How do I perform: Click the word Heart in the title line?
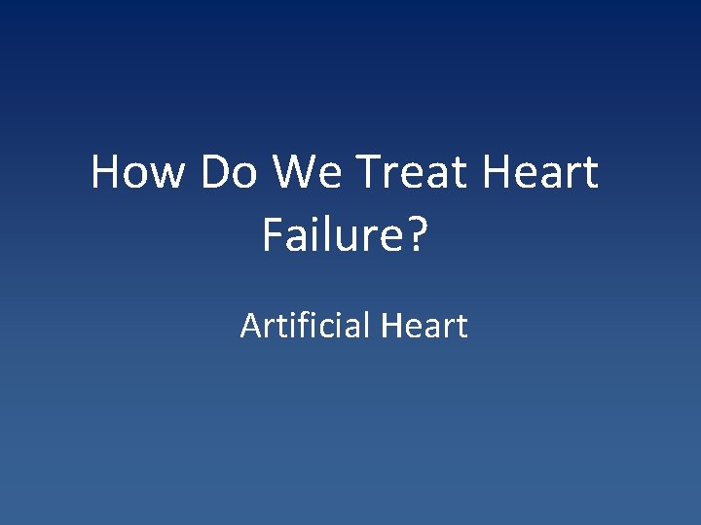tap(540, 173)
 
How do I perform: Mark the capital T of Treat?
tap(367, 173)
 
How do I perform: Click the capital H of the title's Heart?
tap(497, 173)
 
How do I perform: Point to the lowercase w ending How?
tap(168, 175)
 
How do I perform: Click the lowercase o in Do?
tap(245, 175)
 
